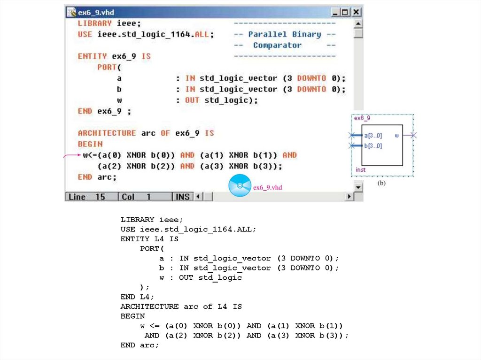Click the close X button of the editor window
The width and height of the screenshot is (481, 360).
click(357, 12)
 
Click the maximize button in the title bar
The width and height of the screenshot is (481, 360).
click(346, 12)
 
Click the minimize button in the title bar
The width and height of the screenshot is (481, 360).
click(336, 12)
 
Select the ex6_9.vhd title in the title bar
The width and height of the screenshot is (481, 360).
click(96, 12)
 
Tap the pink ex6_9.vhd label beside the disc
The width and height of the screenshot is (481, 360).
click(268, 187)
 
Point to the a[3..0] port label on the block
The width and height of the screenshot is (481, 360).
click(373, 136)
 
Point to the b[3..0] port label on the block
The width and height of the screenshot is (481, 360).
click(373, 146)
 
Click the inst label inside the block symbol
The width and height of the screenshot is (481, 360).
click(360, 169)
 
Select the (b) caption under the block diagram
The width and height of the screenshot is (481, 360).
click(381, 184)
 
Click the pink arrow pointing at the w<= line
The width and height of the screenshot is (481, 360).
click(72, 155)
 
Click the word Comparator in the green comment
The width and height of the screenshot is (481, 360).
click(277, 46)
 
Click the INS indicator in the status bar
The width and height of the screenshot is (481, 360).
click(182, 197)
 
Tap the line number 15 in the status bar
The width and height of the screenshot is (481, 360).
click(101, 197)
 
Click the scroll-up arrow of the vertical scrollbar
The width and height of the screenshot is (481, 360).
click(358, 23)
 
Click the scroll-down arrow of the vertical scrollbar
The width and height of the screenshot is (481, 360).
click(358, 187)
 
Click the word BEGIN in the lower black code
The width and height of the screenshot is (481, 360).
click(132, 316)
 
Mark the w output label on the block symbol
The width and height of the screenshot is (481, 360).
click(397, 136)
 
